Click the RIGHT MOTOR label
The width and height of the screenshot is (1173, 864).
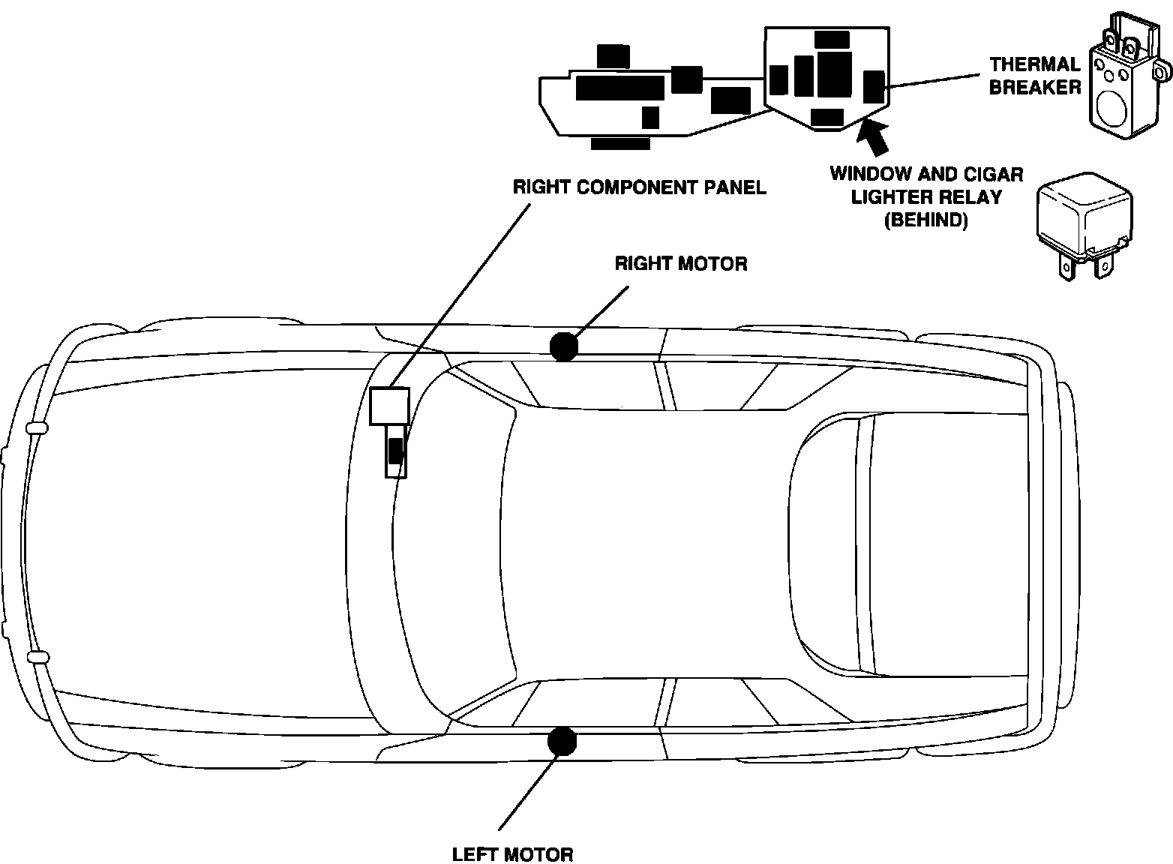point(680,264)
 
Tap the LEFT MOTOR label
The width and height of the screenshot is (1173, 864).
point(512,854)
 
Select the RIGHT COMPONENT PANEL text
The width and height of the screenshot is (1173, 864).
point(639,187)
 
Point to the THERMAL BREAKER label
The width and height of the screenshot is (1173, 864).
point(1034,76)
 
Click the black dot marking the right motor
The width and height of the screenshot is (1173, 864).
point(563,346)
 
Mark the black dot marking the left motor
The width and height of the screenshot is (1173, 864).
point(561,741)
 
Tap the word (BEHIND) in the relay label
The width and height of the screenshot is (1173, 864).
point(926,220)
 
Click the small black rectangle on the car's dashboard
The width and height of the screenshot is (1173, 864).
point(395,451)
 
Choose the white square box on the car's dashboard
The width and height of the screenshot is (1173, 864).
point(390,406)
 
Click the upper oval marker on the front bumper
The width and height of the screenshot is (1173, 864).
point(37,428)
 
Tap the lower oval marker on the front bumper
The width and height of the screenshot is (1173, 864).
point(37,658)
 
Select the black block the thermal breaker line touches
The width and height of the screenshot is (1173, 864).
point(874,87)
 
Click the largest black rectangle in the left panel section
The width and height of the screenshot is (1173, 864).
point(620,88)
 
